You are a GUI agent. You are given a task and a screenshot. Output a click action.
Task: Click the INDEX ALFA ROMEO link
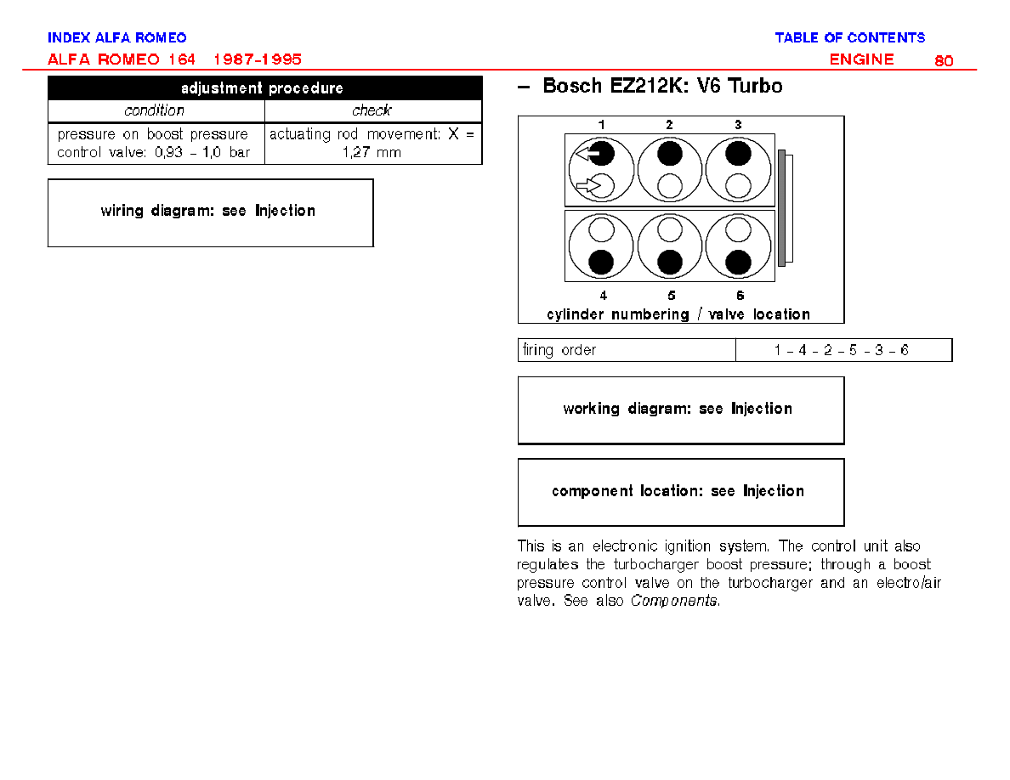(116, 37)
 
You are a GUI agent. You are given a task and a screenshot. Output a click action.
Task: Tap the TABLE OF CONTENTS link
(849, 37)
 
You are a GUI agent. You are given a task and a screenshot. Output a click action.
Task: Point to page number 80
(944, 60)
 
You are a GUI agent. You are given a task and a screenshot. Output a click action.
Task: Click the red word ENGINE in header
(861, 59)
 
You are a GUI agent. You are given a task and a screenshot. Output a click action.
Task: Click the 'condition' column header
(154, 110)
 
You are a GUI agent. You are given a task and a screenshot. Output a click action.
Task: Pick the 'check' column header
(372, 110)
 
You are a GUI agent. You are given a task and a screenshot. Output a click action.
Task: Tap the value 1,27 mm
(372, 153)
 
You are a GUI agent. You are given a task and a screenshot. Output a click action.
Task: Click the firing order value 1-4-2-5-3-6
(841, 350)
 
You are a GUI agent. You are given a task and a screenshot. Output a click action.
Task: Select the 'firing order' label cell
(627, 350)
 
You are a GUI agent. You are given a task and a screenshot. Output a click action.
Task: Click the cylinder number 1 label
(601, 125)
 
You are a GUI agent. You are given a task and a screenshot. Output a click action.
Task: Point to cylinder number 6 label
(740, 296)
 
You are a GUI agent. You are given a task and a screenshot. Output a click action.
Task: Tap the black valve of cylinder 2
(670, 154)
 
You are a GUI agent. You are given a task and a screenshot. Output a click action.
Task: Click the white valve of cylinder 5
(670, 229)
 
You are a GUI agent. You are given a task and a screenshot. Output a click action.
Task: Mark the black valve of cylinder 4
(602, 262)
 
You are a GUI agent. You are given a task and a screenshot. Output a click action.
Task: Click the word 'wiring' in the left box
(122, 211)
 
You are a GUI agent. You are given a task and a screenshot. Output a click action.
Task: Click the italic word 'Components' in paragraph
(674, 601)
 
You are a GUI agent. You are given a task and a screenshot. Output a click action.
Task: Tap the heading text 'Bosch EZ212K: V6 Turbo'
(662, 86)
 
